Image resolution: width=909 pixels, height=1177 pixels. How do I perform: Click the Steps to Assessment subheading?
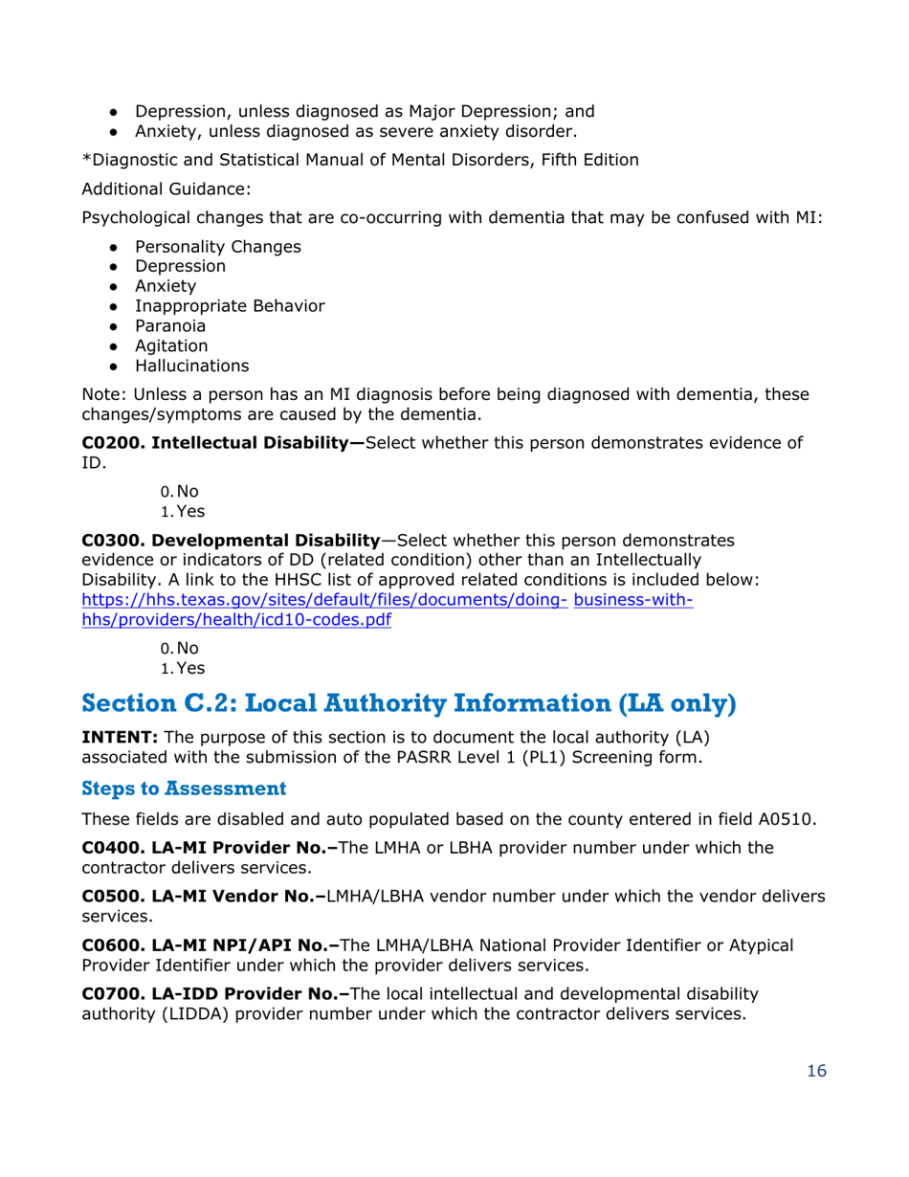coord(184,789)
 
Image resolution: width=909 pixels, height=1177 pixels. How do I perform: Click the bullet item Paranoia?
coord(170,325)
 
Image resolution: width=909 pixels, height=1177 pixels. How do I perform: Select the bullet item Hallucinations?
coord(191,366)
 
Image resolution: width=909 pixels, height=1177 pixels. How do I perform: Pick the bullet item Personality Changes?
coord(217,246)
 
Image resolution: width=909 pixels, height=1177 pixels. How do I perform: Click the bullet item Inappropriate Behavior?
coord(230,306)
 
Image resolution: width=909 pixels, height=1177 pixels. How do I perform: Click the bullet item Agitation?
coord(171,345)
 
